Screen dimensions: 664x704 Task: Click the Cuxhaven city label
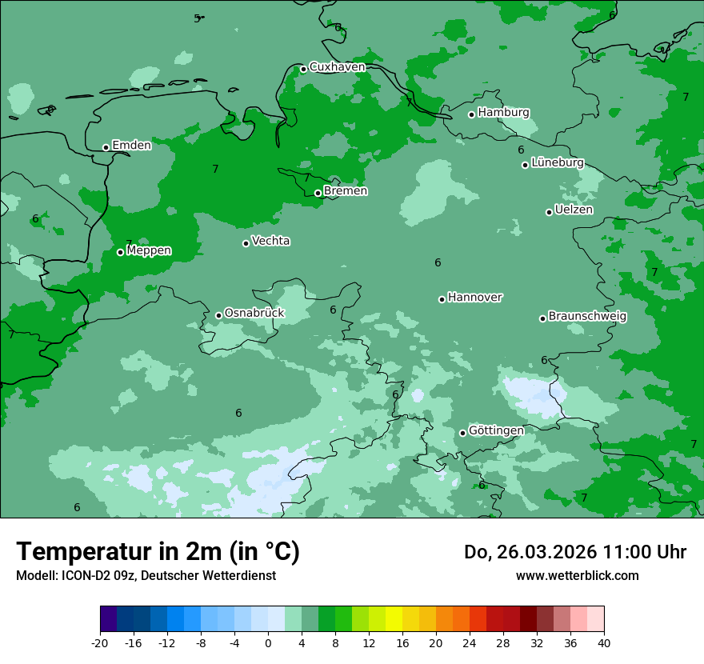(337, 67)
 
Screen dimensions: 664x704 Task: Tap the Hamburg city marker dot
(472, 114)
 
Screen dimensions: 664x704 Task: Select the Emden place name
(131, 146)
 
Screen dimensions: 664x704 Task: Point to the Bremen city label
(346, 191)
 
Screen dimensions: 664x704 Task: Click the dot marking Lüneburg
(526, 165)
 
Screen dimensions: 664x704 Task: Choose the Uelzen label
(574, 210)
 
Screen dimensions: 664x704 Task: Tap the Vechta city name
(270, 242)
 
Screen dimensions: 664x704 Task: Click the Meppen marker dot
(121, 252)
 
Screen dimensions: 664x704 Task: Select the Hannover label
(474, 298)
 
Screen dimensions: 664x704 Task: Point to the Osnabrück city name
(254, 314)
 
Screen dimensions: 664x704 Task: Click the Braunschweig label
(587, 317)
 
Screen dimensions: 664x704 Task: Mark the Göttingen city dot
(462, 433)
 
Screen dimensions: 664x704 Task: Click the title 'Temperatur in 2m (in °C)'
(158, 552)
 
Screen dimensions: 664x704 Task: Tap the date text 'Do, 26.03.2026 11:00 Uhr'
(575, 552)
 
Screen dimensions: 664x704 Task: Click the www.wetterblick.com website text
(577, 576)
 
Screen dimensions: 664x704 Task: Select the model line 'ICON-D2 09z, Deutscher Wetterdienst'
(146, 576)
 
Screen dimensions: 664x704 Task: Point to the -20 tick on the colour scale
(100, 643)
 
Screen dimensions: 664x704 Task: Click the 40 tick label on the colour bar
(604, 643)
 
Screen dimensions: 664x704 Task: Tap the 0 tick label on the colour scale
(268, 643)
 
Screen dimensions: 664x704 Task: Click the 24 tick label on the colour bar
(470, 643)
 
